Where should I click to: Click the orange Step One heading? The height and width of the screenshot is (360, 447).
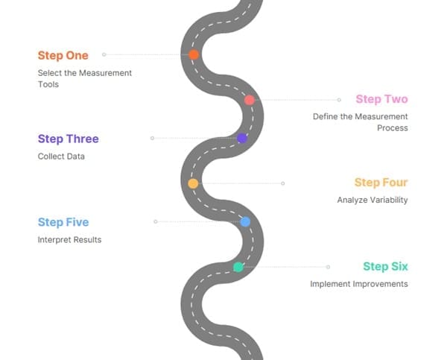[63, 55]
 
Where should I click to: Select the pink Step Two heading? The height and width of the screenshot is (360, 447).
[381, 99]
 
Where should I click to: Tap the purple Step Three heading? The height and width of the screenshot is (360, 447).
[68, 139]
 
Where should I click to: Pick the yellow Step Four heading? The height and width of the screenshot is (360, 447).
[381, 183]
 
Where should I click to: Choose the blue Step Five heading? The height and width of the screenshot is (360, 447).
[63, 222]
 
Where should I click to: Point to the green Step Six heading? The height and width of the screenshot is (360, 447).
[385, 266]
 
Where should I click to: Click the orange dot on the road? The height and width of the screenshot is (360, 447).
[194, 54]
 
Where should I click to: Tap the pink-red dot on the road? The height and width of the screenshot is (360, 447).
[250, 100]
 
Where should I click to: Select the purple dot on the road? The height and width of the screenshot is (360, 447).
[242, 138]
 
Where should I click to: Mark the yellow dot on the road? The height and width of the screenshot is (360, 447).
[193, 183]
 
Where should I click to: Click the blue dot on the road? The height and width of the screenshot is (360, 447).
[245, 221]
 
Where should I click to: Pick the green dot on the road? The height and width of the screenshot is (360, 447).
[238, 267]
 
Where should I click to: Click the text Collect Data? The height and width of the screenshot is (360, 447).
[61, 157]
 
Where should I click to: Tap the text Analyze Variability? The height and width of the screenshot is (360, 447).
[372, 200]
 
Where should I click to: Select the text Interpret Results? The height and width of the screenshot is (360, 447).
[69, 240]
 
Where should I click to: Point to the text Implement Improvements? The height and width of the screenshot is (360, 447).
[359, 284]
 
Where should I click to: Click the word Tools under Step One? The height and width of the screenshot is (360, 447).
[48, 84]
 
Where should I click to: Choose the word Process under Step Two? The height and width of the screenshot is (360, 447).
[393, 128]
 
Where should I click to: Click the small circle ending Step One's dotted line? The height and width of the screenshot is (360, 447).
[104, 54]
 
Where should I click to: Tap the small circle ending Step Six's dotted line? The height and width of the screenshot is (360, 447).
[328, 267]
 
